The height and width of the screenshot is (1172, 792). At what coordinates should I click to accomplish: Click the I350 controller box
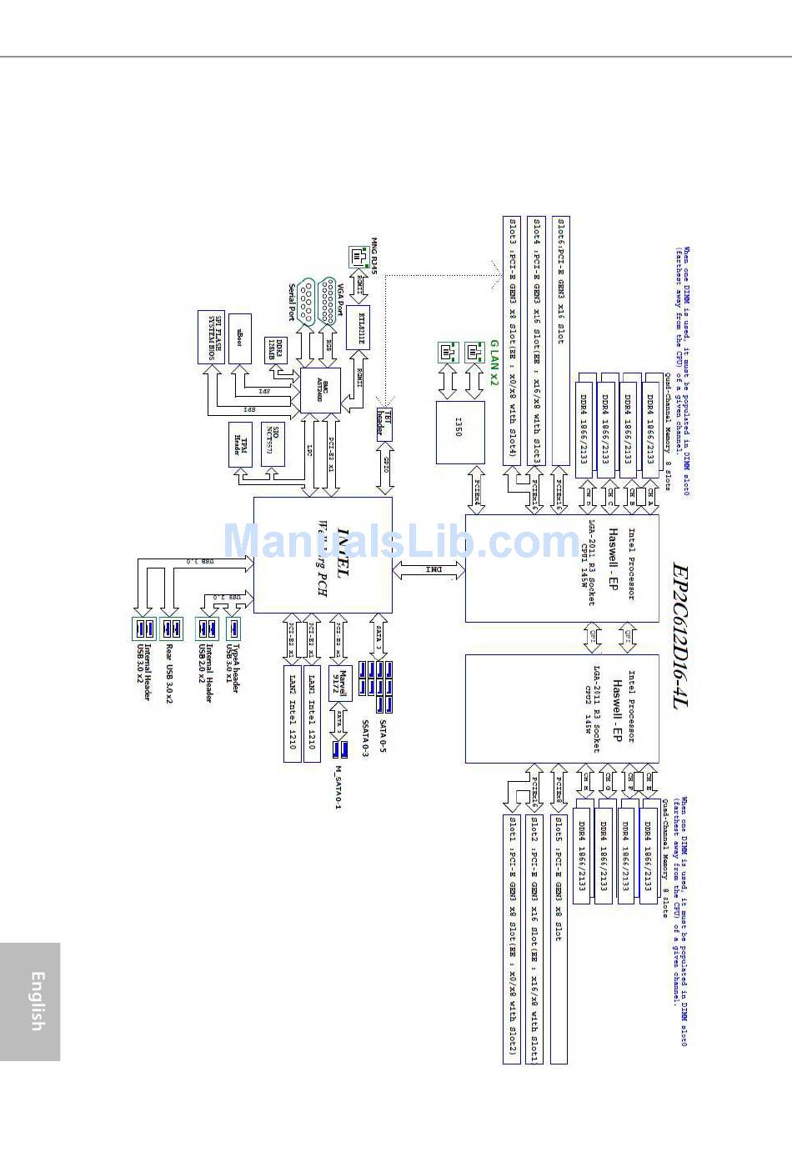pyautogui.click(x=460, y=432)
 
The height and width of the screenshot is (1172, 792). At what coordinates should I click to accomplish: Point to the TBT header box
pyautogui.click(x=383, y=423)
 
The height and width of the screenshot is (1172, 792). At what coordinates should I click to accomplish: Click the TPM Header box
pyautogui.click(x=240, y=444)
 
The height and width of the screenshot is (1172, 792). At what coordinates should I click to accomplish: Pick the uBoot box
pyautogui.click(x=240, y=338)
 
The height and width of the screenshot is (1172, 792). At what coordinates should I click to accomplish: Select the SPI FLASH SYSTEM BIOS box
pyautogui.click(x=211, y=337)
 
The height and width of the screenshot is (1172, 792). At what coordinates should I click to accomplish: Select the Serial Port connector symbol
pyautogui.click(x=306, y=301)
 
